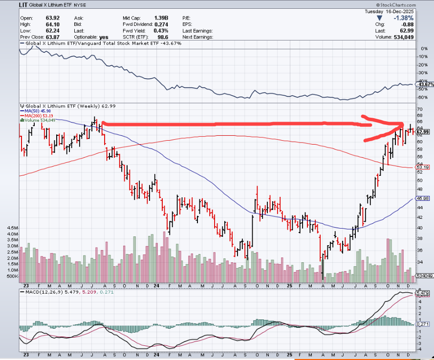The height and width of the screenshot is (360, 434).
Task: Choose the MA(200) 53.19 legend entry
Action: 38,115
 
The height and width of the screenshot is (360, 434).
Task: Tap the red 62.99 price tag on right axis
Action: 423,132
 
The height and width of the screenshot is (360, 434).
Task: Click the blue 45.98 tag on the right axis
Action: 423,198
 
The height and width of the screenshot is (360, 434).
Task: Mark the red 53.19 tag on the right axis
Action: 423,167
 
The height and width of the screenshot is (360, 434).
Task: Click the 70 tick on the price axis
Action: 419,108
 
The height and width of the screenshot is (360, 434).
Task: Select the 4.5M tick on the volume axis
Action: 12,228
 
